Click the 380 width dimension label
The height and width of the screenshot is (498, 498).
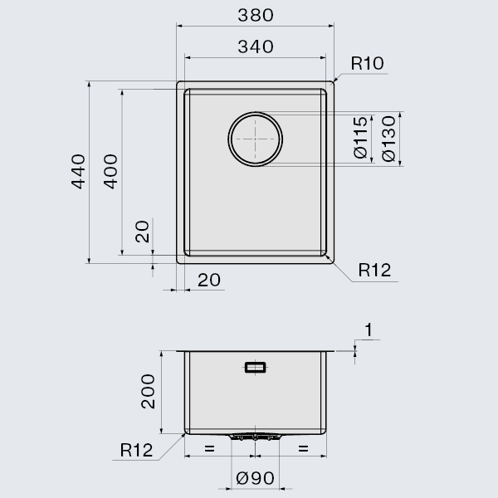pos(256,15)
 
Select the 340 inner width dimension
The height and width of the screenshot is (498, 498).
pos(256,46)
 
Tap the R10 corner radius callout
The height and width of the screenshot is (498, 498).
pos(367,63)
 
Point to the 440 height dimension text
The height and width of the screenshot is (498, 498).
pos(78,172)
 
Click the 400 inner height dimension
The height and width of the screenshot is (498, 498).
pos(110,172)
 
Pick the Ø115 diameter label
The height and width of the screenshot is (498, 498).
pos(360,137)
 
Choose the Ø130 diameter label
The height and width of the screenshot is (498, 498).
pos(388,139)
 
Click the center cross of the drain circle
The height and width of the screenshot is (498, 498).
pos(256,139)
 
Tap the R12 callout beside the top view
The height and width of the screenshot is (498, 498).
pos(374,270)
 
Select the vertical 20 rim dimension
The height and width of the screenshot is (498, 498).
pos(142,232)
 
